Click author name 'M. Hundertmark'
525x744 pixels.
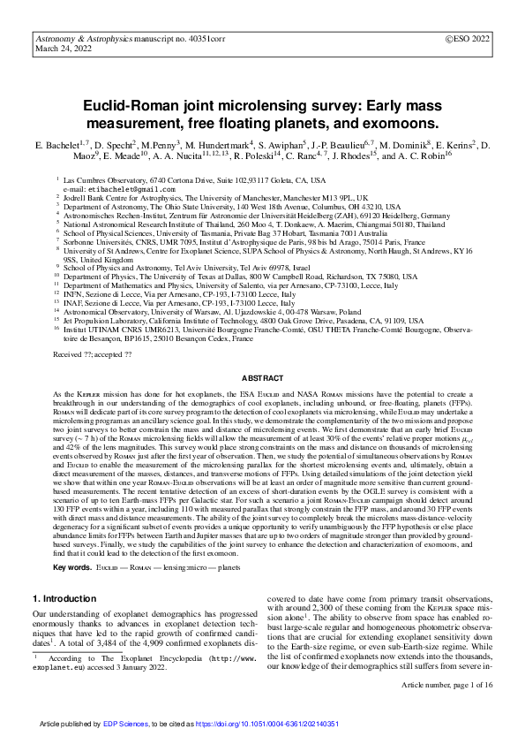[219, 144]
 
